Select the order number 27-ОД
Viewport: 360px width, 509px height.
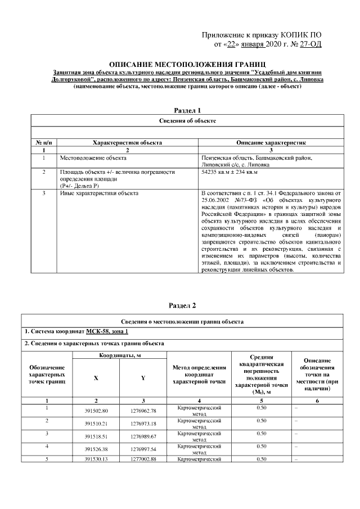tap(310, 44)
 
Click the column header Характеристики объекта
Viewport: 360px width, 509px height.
tap(127, 143)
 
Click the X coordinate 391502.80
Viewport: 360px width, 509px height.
tap(96, 411)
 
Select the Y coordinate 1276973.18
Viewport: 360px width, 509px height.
tap(143, 423)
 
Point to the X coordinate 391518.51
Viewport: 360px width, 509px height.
tap(96, 436)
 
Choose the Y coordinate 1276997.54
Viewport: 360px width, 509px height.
tap(143, 448)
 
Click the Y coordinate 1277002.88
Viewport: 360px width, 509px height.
tap(143, 460)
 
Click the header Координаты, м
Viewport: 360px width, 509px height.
tap(120, 356)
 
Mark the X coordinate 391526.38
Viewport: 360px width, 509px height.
tap(96, 448)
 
